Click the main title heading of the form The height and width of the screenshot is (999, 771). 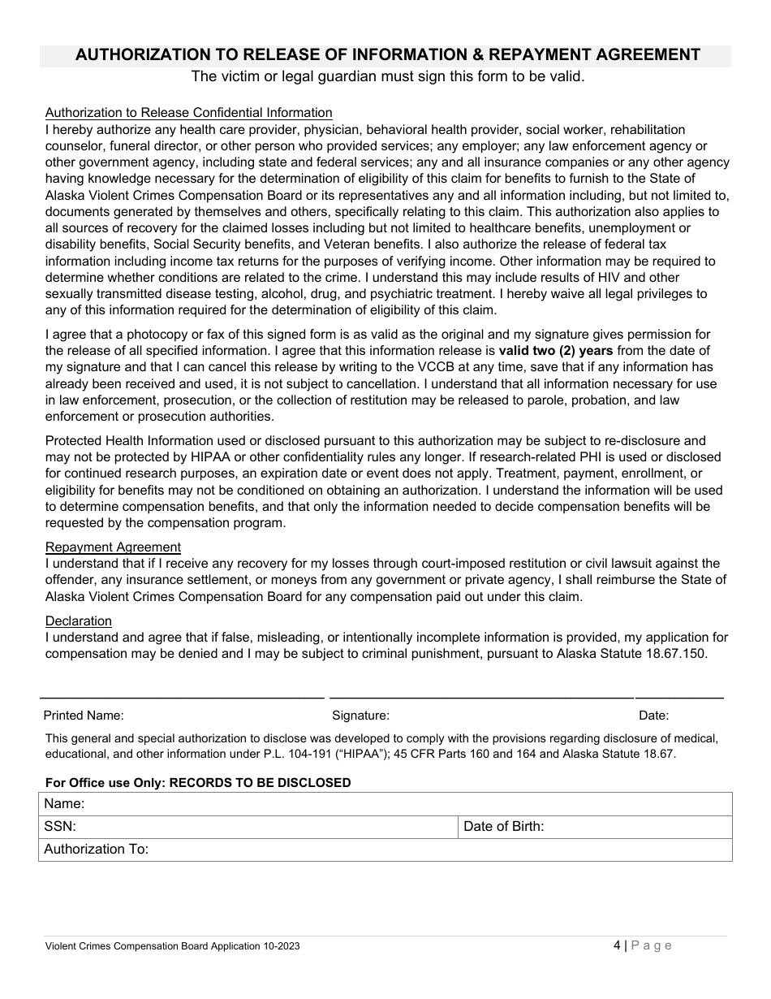pyautogui.click(x=387, y=55)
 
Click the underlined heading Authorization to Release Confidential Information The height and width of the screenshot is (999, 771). pyautogui.click(x=188, y=113)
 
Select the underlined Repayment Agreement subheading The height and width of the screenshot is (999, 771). pyautogui.click(x=113, y=547)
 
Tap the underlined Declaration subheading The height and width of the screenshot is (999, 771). pyautogui.click(x=78, y=621)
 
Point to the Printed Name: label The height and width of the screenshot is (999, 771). pyautogui.click(x=83, y=716)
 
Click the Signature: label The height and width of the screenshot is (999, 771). pyautogui.click(x=360, y=716)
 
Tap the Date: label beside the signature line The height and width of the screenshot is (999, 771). pyautogui.click(x=653, y=716)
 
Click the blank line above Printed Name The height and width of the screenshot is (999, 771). pyautogui.click(x=182, y=698)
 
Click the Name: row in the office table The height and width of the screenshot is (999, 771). pyautogui.click(x=385, y=804)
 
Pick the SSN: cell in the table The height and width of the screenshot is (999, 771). pyautogui.click(x=247, y=827)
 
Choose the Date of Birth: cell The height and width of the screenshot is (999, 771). pyautogui.click(x=594, y=827)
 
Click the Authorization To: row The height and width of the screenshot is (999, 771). pyautogui.click(x=385, y=850)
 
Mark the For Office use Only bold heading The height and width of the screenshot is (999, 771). pyautogui.click(x=198, y=783)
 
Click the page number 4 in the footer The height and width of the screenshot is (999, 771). pyautogui.click(x=618, y=945)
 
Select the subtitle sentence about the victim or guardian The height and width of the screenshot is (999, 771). pyautogui.click(x=387, y=77)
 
